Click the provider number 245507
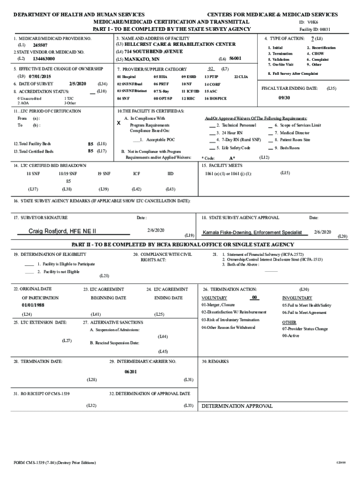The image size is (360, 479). click(40, 45)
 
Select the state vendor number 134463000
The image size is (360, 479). click(44, 59)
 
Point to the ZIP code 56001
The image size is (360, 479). click(236, 58)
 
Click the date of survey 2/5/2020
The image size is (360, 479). click(77, 83)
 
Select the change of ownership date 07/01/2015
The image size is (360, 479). click(40, 76)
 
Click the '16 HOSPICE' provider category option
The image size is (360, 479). click(215, 99)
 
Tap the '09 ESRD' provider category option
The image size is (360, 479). click(188, 76)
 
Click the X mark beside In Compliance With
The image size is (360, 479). click(118, 123)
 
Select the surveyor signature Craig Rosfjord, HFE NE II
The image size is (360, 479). click(62, 231)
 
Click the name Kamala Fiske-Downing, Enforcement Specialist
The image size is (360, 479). click(252, 232)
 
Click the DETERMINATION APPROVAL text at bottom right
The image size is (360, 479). click(237, 406)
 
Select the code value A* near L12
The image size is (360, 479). click(232, 158)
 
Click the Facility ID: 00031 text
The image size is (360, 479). click(315, 29)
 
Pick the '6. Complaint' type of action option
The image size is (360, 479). click(318, 59)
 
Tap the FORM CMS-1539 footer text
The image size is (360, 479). click(55, 463)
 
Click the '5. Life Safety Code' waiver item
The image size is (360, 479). click(233, 148)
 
